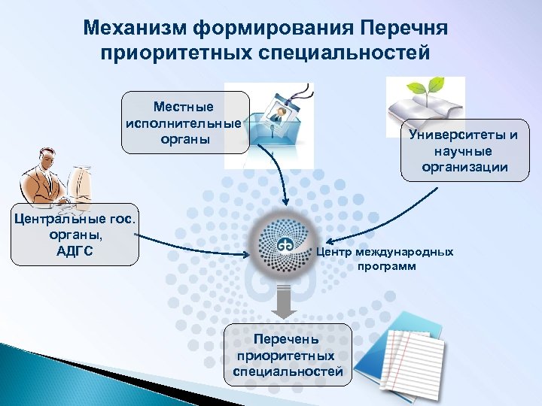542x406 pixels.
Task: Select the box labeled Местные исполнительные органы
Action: [x=184, y=123]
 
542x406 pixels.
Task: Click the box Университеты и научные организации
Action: [x=464, y=150]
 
